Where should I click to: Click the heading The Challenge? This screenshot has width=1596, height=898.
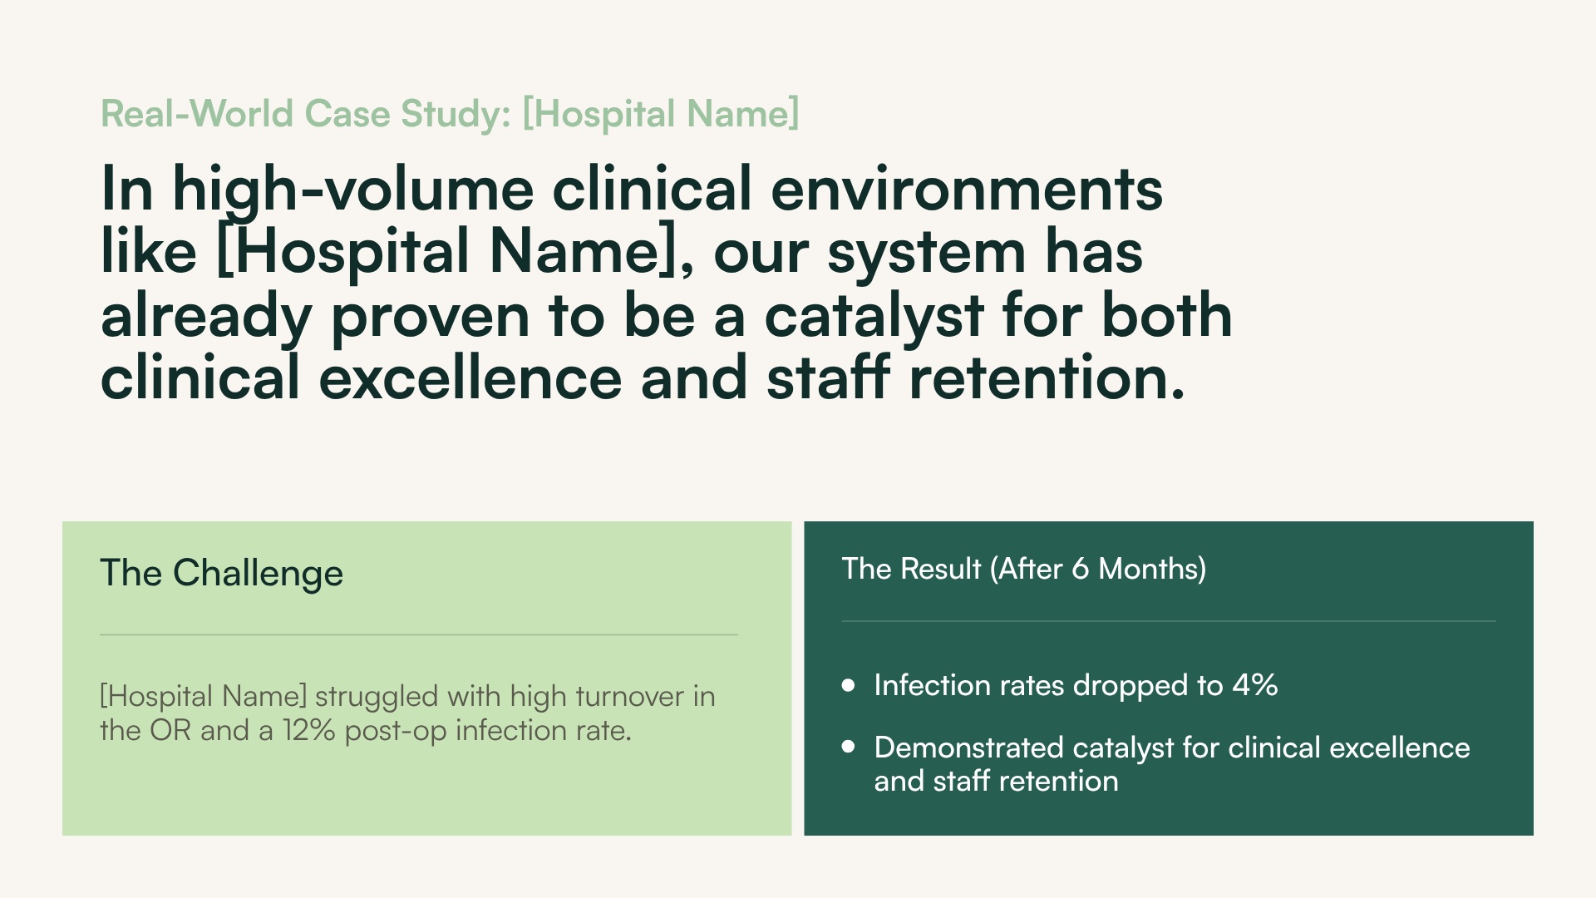click(x=221, y=573)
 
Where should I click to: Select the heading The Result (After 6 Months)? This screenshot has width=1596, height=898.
click(x=1023, y=569)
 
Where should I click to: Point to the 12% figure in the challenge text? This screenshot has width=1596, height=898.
click(x=308, y=731)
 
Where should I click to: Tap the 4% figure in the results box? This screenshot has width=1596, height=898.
click(x=1254, y=685)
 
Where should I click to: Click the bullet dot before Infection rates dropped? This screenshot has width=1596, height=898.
click(x=848, y=685)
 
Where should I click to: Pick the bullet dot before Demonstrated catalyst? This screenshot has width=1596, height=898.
click(x=848, y=747)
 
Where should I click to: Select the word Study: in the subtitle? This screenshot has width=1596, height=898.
click(x=456, y=114)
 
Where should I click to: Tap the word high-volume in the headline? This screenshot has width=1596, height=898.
click(x=352, y=190)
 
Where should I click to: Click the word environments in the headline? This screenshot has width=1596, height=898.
click(x=967, y=190)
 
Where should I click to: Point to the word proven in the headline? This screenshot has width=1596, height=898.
click(x=431, y=317)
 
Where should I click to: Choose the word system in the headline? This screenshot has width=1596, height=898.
click(x=926, y=253)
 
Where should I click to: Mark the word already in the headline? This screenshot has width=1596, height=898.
click(x=206, y=317)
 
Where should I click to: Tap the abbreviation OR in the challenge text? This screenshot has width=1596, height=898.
click(x=170, y=731)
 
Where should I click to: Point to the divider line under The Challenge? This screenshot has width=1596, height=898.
click(x=418, y=635)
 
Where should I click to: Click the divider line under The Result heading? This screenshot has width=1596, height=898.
click(x=1168, y=621)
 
